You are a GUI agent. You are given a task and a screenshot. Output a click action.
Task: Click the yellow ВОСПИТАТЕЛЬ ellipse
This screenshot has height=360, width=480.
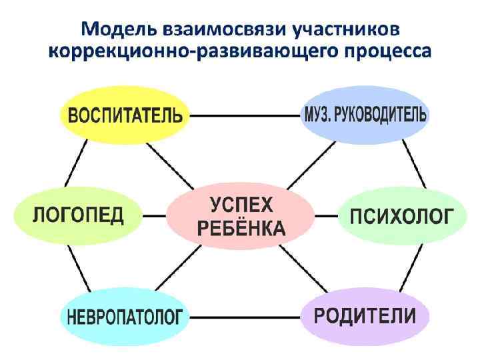pos(124,115)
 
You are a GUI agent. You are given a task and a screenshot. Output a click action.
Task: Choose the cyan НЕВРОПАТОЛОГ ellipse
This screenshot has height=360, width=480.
pos(124,317)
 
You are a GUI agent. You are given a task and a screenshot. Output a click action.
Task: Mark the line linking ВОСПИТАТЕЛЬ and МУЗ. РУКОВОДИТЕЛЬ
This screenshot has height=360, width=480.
pos(244,115)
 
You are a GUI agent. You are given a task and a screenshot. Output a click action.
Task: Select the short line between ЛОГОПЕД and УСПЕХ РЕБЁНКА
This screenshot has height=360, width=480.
pos(155,216)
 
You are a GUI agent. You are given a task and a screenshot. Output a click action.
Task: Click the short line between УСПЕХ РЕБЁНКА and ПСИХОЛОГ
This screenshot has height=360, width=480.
pos(326,216)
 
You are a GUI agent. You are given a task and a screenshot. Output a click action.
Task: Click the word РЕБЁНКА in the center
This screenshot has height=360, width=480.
pos(241,229)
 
